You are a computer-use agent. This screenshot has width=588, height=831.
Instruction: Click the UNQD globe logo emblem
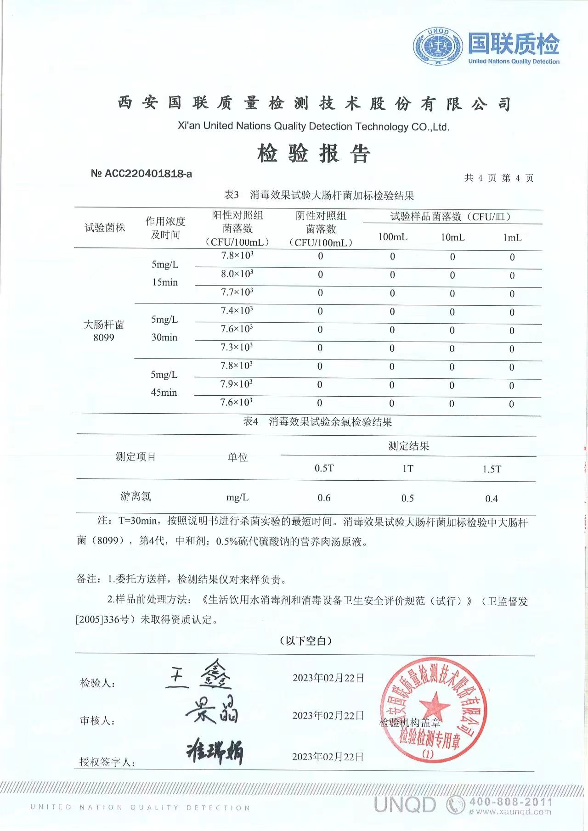click(438, 46)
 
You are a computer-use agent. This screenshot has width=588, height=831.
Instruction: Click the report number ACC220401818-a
click(141, 174)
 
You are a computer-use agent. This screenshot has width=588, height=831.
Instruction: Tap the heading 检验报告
click(313, 153)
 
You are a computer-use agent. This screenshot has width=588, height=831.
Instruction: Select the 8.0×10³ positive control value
click(237, 274)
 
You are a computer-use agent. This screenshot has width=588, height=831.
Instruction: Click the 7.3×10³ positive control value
click(237, 348)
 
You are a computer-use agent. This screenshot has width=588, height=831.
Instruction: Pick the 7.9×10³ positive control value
click(237, 384)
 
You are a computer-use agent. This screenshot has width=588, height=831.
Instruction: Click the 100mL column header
click(392, 237)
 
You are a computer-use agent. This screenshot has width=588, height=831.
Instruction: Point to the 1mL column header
click(512, 237)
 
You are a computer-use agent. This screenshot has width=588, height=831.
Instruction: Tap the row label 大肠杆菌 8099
click(104, 331)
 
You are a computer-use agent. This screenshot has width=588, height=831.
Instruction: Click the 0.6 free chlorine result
click(324, 498)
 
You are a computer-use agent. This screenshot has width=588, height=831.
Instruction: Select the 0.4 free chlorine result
click(491, 499)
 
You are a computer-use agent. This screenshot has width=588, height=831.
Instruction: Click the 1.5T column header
click(492, 469)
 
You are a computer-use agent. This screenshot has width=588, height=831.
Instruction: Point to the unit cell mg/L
click(237, 497)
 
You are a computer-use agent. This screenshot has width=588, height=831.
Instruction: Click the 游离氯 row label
click(136, 496)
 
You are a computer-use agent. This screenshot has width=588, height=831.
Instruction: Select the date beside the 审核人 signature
click(328, 716)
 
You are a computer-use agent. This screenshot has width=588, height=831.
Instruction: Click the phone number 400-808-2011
click(510, 802)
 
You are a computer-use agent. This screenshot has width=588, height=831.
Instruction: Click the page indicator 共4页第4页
click(498, 178)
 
